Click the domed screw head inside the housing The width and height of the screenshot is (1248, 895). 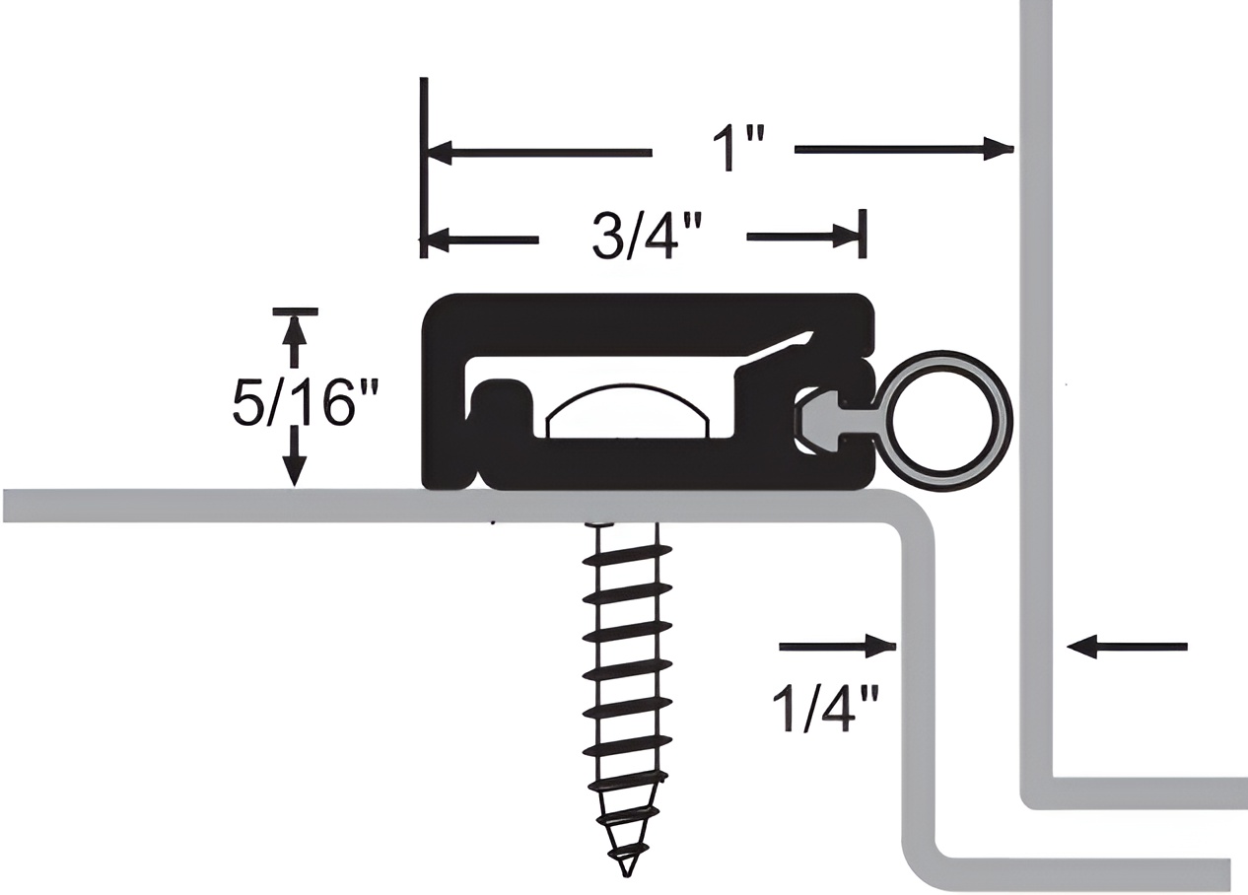[627, 411]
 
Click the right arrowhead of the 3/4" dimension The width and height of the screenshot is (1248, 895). [846, 237]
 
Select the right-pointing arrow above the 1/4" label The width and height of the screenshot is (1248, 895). [879, 647]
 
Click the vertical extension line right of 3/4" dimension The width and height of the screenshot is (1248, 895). [864, 234]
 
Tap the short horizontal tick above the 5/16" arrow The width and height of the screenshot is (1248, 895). [295, 311]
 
